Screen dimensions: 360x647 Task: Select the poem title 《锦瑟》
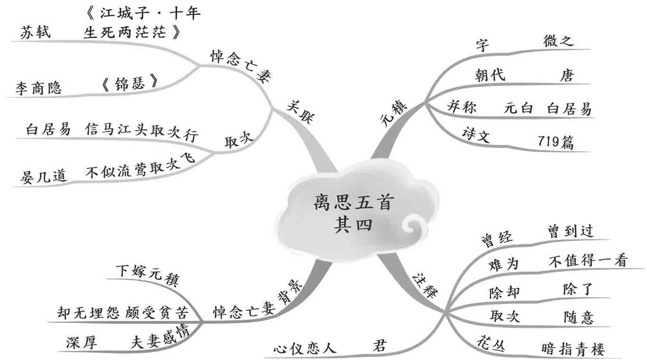(129, 84)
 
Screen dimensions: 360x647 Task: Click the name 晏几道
(43, 176)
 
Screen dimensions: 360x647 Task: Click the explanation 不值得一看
(588, 260)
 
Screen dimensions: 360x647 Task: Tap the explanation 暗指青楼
(572, 350)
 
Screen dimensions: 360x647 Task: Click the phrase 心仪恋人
(305, 348)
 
